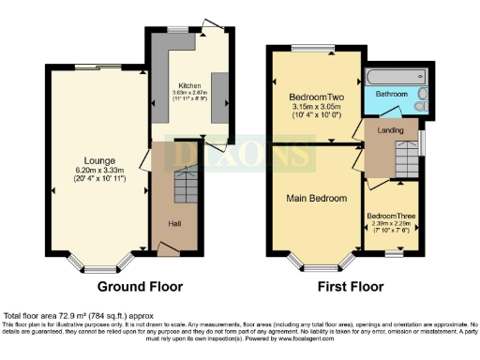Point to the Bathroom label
[392, 94]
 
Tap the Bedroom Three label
[391, 215]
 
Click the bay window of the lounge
[97, 266]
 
